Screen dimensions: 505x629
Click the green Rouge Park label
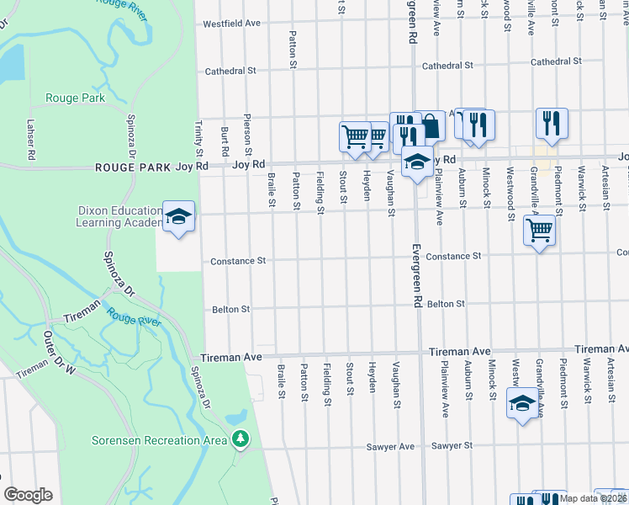(x=76, y=98)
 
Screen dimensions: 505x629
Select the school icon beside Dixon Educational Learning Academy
(x=178, y=219)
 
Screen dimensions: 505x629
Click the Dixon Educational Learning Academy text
(x=119, y=216)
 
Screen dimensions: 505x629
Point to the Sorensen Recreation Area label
(x=159, y=440)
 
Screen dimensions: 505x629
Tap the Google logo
(x=28, y=495)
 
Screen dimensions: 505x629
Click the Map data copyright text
(x=594, y=498)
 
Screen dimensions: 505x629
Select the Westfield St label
(x=230, y=24)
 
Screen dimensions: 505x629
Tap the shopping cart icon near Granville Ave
(x=539, y=229)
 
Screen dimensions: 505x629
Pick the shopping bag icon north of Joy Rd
(x=431, y=127)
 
